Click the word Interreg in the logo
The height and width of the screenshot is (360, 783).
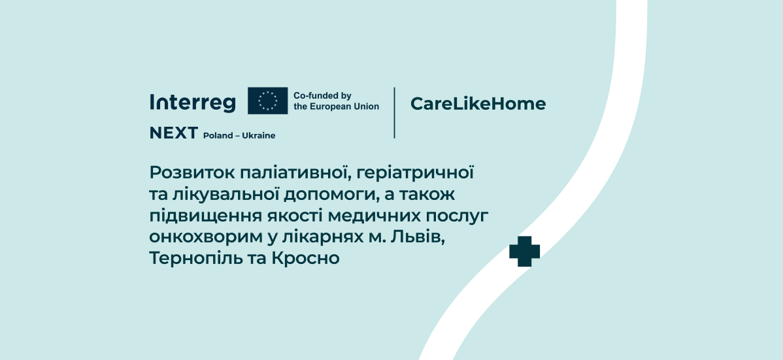pos(192,103)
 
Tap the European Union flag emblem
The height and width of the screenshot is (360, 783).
pos(268,101)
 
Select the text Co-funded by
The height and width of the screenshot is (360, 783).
pos(323,95)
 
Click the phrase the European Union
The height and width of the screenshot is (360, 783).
pos(336,106)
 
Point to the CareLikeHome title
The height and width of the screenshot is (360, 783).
pos(478,104)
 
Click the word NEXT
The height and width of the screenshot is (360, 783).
pos(174,133)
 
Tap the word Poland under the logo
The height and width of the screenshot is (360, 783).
pos(218,135)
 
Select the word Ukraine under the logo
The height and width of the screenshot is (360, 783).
pos(259,135)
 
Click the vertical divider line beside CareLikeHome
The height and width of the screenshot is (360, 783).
pos(395,113)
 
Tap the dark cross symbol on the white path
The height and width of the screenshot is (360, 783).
pos(524,251)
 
